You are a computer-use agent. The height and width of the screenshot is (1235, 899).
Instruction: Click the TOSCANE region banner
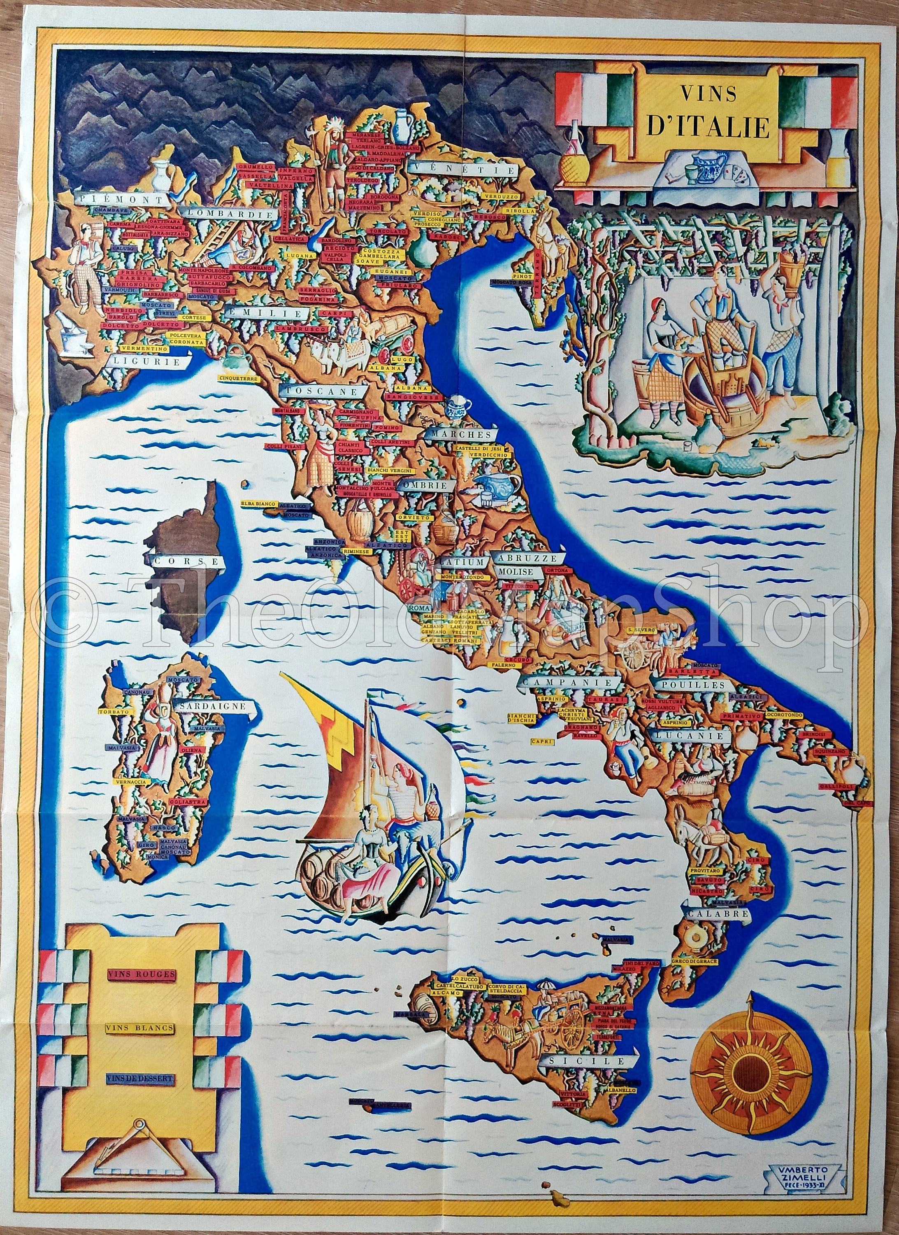(x=320, y=391)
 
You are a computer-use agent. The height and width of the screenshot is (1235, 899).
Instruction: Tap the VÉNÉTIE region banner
(x=464, y=169)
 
